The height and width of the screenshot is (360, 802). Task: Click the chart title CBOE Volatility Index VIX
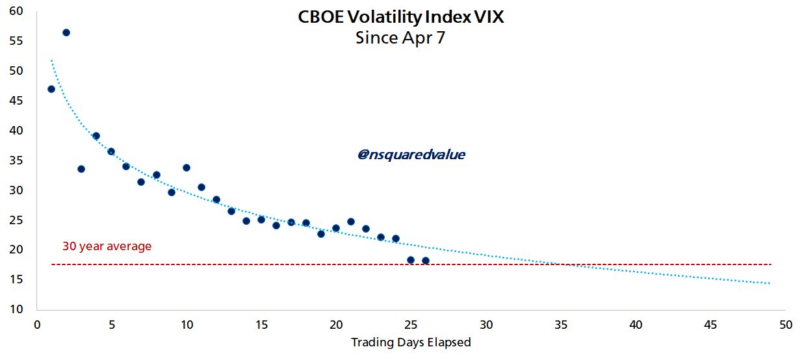click(400, 18)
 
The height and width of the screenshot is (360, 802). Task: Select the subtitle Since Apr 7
click(400, 38)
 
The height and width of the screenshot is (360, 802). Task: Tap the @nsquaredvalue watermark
click(411, 155)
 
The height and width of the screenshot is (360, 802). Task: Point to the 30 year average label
click(107, 246)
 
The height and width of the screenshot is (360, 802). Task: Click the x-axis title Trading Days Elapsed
click(411, 342)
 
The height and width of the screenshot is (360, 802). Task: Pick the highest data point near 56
click(66, 32)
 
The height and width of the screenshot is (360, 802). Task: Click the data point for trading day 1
click(51, 89)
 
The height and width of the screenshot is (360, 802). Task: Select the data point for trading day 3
click(81, 169)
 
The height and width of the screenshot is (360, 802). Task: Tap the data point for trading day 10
click(187, 168)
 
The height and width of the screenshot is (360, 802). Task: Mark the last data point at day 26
click(426, 261)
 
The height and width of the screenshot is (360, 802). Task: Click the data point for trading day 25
click(411, 260)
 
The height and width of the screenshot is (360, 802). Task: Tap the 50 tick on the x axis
click(786, 324)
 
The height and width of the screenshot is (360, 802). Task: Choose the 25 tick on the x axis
click(411, 324)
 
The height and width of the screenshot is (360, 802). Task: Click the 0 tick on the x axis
click(36, 324)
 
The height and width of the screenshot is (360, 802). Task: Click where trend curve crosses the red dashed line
click(558, 264)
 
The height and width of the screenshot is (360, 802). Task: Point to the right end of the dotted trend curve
click(770, 283)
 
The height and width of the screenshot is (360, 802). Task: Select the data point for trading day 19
click(321, 234)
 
